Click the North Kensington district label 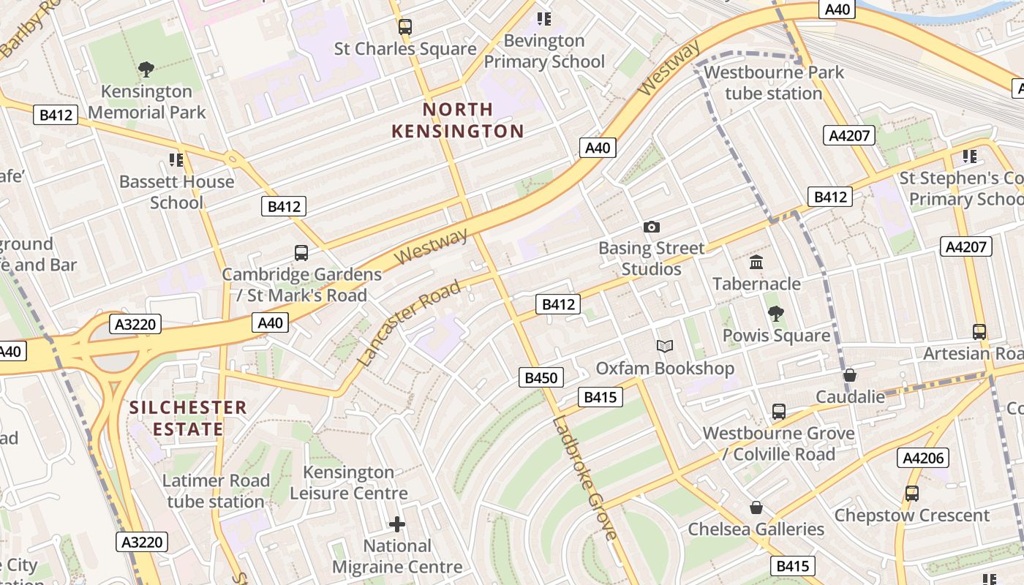[x=458, y=121]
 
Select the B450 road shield [x=542, y=377]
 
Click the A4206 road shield [x=923, y=458]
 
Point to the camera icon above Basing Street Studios [x=651, y=227]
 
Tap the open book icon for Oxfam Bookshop [x=664, y=347]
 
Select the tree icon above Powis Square [x=776, y=314]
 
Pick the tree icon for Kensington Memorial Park [x=146, y=70]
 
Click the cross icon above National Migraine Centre [x=397, y=524]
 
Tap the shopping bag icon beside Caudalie [x=849, y=375]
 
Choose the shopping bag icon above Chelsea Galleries [x=756, y=507]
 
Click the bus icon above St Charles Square [x=405, y=27]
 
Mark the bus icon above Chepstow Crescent [x=911, y=494]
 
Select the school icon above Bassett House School [x=176, y=159]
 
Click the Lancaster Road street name [x=410, y=322]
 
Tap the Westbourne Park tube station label [x=774, y=83]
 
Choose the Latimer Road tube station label [x=216, y=491]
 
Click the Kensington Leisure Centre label [x=349, y=483]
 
